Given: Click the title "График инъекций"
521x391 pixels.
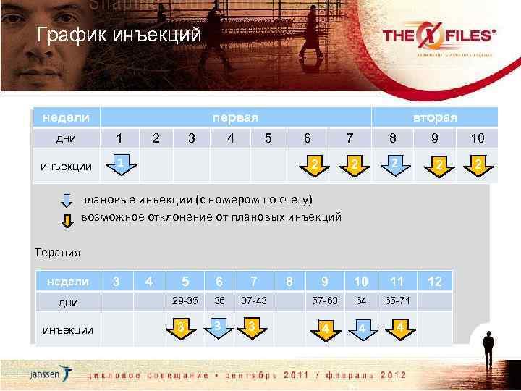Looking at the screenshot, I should coord(119,35).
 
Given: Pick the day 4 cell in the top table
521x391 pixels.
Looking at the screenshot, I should coord(229,138).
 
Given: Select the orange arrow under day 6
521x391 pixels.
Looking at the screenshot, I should coord(314,167).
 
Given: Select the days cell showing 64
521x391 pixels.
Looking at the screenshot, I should coord(361,300).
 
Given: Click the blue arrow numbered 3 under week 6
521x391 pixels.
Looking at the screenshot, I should coord(218,325).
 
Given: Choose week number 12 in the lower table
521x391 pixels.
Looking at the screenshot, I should coord(434,281).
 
